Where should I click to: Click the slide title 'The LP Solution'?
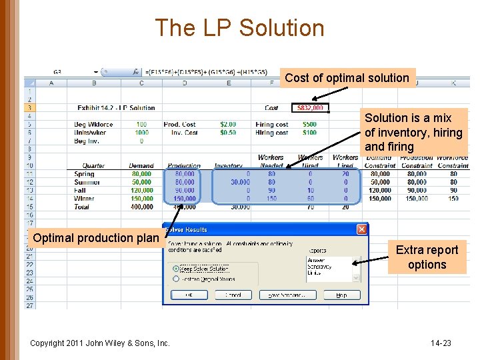pos(240,28)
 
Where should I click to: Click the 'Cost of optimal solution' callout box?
pos(347,78)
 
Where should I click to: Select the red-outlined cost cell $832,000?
pos(310,108)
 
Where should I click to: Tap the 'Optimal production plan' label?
pos(96,238)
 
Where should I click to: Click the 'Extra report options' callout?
pos(427,257)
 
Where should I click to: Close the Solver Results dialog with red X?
pos(361,229)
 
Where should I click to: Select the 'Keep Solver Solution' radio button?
pos(176,269)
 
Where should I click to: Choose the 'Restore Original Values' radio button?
pos(176,279)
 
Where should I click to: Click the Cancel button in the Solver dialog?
pos(233,295)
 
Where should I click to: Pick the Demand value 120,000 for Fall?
pos(141,190)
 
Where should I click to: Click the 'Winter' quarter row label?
pos(85,199)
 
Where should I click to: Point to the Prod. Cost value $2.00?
pos(227,124)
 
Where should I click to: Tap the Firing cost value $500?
pos(309,124)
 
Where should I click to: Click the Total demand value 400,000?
pos(141,207)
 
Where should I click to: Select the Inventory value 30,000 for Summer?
pos(239,182)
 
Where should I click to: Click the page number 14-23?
pos(441,343)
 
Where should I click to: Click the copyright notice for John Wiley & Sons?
pos(100,343)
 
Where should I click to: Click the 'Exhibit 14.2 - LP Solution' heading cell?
pos(116,108)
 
